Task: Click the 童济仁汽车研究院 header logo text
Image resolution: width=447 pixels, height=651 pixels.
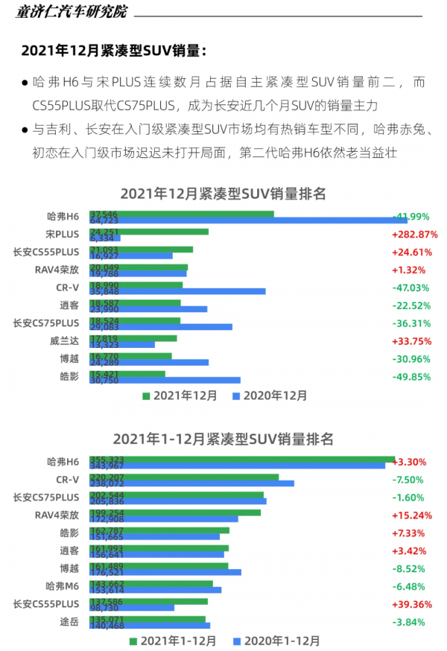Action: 72,12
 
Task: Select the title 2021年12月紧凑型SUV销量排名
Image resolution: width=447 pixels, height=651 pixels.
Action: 223,194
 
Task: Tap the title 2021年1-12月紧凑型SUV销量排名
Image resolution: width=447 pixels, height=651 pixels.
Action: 223,439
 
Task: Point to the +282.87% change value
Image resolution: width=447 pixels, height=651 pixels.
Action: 414,235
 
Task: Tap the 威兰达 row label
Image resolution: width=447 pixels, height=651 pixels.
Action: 64,341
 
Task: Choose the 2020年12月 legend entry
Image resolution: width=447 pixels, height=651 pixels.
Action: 270,396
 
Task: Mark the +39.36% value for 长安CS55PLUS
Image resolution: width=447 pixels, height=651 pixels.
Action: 414,604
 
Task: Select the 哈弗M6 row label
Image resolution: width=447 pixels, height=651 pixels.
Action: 62,586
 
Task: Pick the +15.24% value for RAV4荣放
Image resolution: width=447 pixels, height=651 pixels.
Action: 414,515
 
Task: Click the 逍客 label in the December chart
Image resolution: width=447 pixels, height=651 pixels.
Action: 69,305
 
